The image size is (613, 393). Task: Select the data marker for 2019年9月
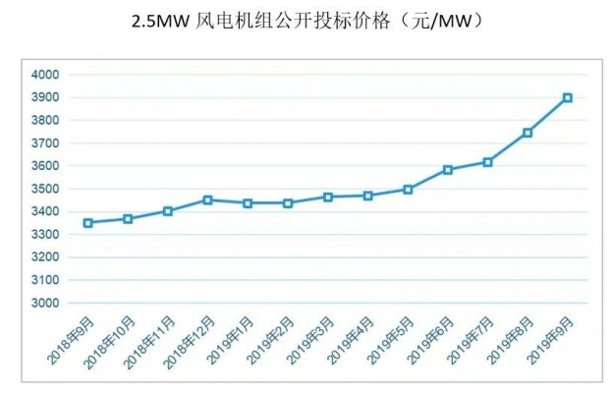point(568,97)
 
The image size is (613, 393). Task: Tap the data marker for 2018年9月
point(87,223)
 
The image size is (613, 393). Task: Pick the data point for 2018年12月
point(207,199)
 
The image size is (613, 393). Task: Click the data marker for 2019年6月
point(448,169)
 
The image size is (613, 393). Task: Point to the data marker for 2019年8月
point(528,133)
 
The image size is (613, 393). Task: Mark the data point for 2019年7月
point(487,162)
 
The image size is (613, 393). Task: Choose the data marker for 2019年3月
point(327,197)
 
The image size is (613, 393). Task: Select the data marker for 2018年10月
point(128,219)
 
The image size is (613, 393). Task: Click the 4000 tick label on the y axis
point(45,75)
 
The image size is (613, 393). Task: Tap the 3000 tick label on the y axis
point(45,304)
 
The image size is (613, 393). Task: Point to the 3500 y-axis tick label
point(45,189)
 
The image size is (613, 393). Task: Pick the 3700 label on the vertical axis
point(45,143)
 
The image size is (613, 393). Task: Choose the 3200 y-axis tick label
point(45,257)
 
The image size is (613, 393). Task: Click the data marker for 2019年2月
point(288,203)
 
